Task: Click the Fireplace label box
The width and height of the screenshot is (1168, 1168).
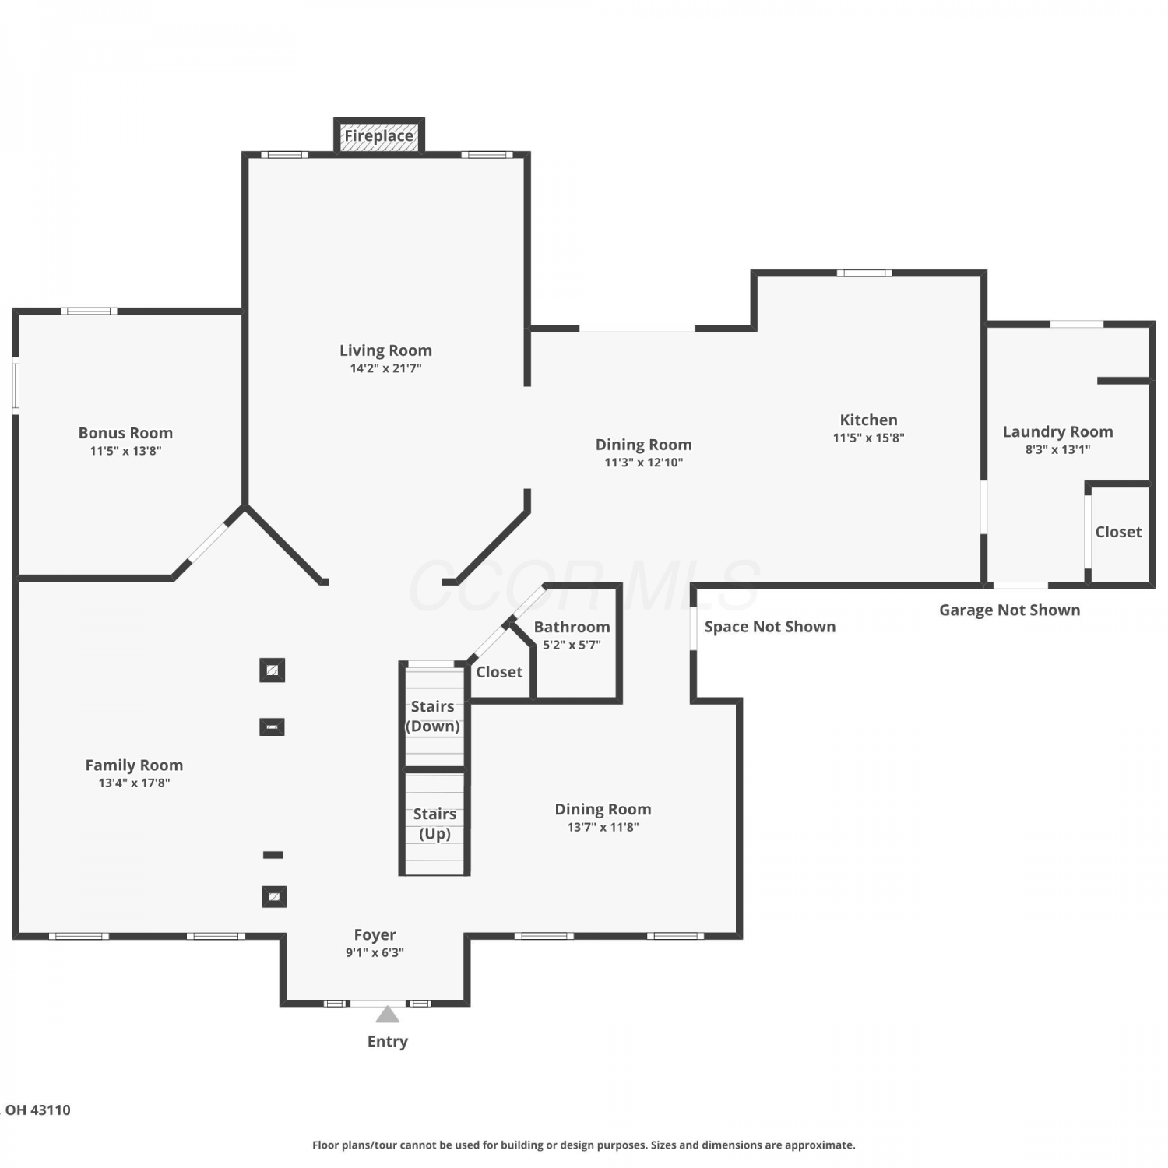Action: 379,135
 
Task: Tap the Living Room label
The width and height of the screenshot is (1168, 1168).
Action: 385,350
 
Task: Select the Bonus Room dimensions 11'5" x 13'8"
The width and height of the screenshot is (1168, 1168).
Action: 125,451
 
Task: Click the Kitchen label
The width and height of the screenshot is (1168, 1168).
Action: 868,420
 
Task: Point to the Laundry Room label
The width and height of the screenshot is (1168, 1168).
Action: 1057,432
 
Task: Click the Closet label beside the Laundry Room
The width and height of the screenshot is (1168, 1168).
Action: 1118,532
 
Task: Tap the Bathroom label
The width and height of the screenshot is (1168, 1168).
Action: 572,627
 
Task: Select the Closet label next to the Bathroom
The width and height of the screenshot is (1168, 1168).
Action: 499,672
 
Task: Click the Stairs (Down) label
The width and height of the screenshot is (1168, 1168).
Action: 433,716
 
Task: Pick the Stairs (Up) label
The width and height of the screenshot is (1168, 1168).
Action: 434,824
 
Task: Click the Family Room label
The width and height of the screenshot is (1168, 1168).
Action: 134,765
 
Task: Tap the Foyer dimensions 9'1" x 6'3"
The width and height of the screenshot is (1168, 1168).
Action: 375,952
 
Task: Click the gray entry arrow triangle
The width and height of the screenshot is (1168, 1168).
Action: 388,1015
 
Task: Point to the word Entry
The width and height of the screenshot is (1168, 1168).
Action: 388,1042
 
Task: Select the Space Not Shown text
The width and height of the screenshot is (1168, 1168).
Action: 770,627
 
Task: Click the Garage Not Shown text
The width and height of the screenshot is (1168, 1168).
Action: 1009,610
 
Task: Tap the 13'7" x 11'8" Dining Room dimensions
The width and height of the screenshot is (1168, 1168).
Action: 603,827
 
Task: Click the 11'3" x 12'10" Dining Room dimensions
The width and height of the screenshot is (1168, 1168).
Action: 644,463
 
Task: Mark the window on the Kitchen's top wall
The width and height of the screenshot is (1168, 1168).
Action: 864,273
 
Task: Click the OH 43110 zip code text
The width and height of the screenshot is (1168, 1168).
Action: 37,1110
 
